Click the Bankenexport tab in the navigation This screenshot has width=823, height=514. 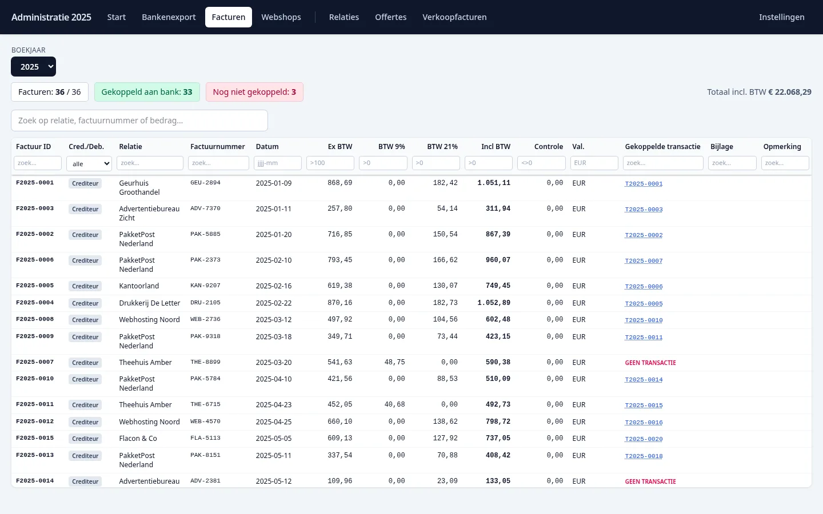click(169, 17)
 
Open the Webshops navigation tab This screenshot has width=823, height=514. click(281, 17)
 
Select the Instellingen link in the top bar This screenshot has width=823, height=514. click(781, 17)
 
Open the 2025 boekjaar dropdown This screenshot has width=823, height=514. click(33, 66)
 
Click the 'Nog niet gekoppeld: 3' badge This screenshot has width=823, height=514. click(254, 92)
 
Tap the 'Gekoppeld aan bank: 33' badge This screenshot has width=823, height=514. click(147, 92)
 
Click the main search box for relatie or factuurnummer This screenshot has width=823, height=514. click(139, 121)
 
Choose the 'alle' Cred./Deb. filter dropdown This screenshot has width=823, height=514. click(89, 163)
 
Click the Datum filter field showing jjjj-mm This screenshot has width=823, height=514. click(277, 163)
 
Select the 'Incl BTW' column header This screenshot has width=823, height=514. click(496, 146)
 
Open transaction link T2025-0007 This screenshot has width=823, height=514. click(644, 260)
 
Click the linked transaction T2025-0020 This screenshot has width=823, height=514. click(644, 439)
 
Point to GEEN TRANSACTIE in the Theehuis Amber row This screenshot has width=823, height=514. click(650, 363)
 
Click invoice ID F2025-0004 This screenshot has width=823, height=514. click(35, 303)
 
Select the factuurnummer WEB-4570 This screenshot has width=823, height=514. click(205, 421)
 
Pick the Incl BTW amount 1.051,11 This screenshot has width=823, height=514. click(494, 183)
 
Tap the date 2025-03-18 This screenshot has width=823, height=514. click(274, 337)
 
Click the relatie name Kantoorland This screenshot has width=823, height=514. click(139, 286)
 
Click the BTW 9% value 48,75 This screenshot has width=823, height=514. click(394, 362)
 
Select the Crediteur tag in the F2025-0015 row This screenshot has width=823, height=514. click(85, 439)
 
